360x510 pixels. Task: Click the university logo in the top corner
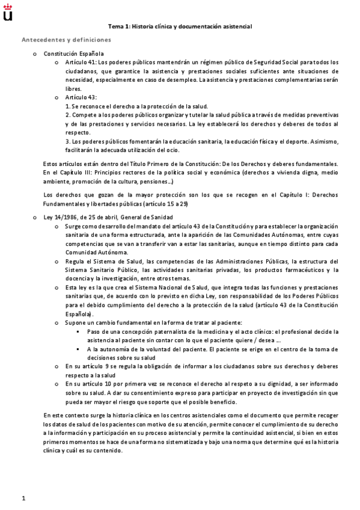[x=8, y=11]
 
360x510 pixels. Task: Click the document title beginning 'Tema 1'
[x=180, y=26]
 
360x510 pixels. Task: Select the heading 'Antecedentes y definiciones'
[x=66, y=40]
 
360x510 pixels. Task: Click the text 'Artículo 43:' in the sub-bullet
[x=80, y=97]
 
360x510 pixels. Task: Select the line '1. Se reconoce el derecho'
[x=144, y=106]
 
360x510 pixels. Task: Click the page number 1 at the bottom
[x=23, y=497]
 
